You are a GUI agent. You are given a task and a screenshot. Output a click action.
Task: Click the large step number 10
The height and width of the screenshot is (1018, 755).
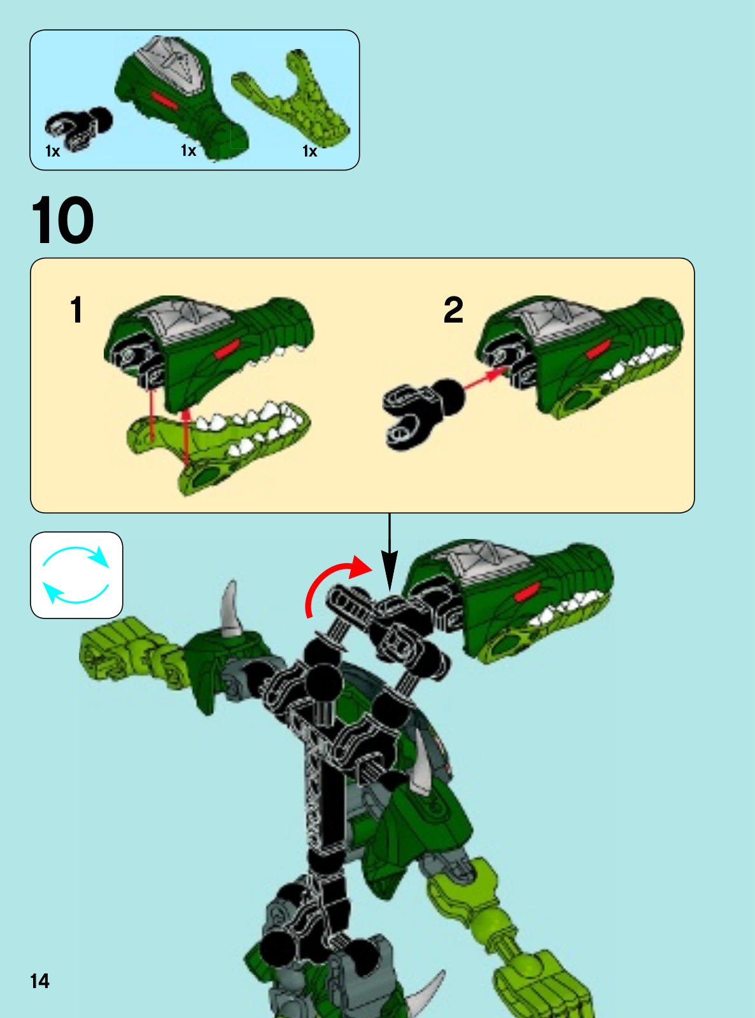pyautogui.click(x=62, y=220)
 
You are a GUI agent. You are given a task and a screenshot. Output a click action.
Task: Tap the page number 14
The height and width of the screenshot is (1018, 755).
pyautogui.click(x=39, y=981)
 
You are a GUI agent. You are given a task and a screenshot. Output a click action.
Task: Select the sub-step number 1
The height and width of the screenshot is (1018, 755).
pyautogui.click(x=76, y=310)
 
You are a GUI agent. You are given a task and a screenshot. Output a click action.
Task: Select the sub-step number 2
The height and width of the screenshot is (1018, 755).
pyautogui.click(x=453, y=310)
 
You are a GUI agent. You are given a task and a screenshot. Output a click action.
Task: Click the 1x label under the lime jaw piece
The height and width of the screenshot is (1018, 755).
pyautogui.click(x=309, y=151)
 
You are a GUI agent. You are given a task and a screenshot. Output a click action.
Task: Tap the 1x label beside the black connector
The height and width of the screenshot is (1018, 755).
pyautogui.click(x=52, y=151)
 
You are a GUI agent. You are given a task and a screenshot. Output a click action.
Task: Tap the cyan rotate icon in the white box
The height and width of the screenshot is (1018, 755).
pyautogui.click(x=76, y=575)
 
